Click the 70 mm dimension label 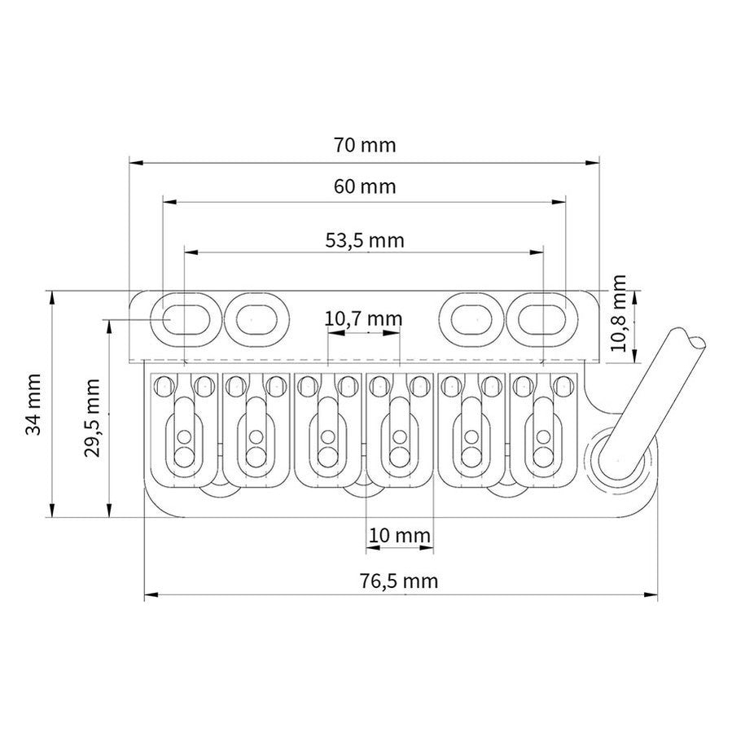364,146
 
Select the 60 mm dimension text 364,186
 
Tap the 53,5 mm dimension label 364,240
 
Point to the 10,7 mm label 363,319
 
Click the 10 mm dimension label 399,536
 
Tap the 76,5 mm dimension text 399,581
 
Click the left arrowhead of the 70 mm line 133,162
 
